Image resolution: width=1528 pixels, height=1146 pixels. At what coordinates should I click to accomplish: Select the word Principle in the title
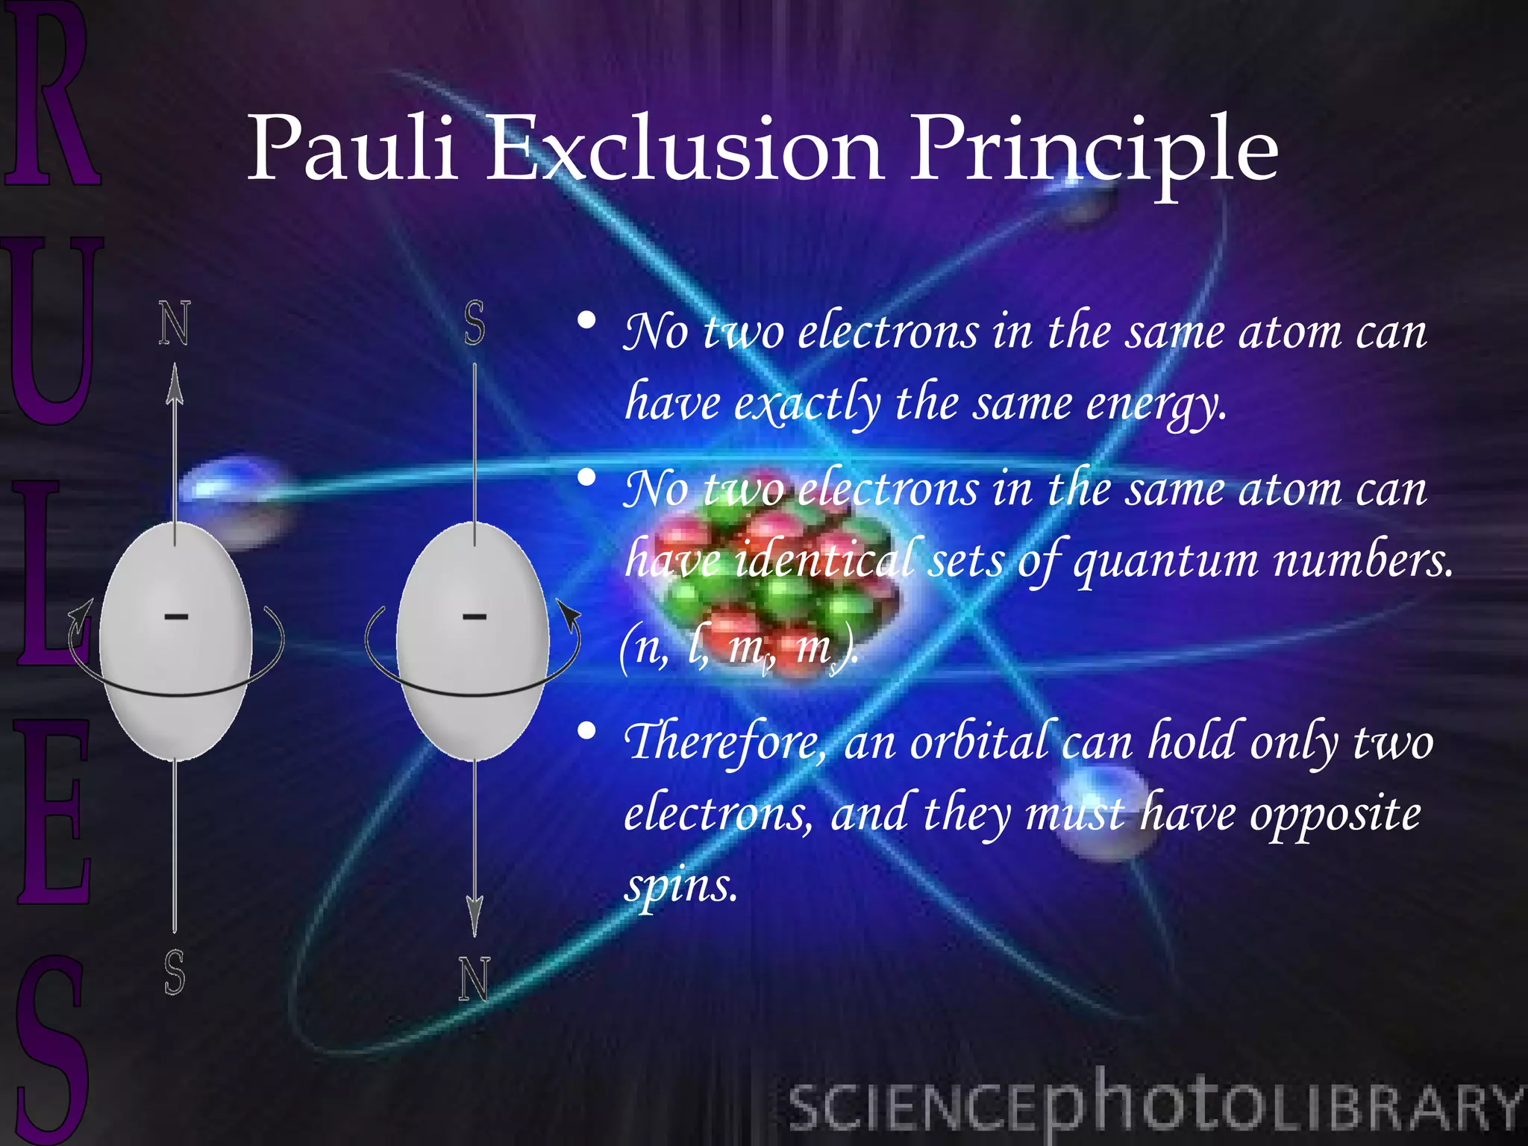pyautogui.click(x=1094, y=149)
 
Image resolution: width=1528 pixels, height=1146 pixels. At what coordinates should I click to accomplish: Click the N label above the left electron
pyautogui.click(x=175, y=324)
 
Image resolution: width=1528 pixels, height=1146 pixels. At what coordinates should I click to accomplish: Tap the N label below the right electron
pyautogui.click(x=474, y=978)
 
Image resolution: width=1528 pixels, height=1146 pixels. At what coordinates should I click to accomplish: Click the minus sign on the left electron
pyautogui.click(x=176, y=616)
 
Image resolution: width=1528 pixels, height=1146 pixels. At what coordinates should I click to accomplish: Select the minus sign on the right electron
pyautogui.click(x=475, y=616)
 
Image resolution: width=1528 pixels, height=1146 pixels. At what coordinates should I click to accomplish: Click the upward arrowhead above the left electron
pyautogui.click(x=175, y=384)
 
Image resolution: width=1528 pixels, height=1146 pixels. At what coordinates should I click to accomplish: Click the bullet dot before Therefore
pyautogui.click(x=587, y=731)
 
